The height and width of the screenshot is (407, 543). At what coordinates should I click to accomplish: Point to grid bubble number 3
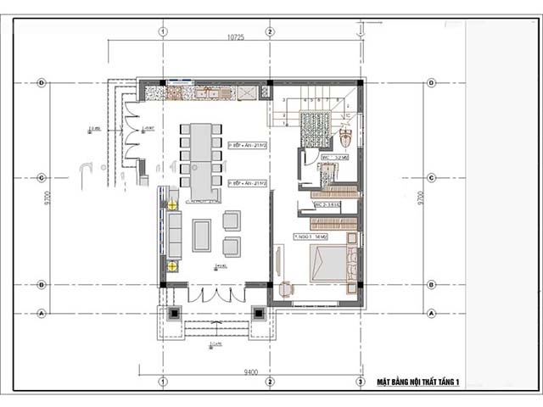(361, 382)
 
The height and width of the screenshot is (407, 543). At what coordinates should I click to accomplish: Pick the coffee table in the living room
(202, 235)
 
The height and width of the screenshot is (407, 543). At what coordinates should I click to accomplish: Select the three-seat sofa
(175, 235)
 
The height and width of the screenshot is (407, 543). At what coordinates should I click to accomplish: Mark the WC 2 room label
(327, 205)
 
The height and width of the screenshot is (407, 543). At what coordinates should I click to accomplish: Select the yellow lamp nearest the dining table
(172, 204)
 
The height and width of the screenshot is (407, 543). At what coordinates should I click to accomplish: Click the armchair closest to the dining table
(232, 220)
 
